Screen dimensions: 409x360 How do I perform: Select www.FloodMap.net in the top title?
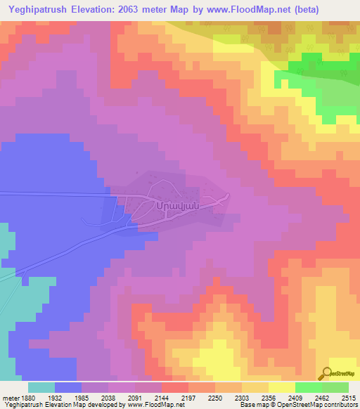point(243,10)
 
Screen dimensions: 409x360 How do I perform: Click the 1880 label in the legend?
point(28,398)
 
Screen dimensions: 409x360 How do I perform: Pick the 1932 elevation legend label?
point(55,398)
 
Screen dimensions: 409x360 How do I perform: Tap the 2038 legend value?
point(108,398)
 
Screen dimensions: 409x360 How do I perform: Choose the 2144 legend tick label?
point(162,398)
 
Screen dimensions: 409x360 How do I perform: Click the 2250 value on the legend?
point(215,398)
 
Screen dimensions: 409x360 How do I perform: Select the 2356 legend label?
point(269,398)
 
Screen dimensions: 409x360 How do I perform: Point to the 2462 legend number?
point(322,398)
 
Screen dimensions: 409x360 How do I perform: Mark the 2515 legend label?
point(348,398)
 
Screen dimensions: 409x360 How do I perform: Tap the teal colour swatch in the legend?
point(41,387)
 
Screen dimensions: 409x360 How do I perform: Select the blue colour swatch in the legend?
point(68,387)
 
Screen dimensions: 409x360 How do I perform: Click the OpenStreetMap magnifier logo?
point(328,373)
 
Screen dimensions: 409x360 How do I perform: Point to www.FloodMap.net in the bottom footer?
point(149,405)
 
